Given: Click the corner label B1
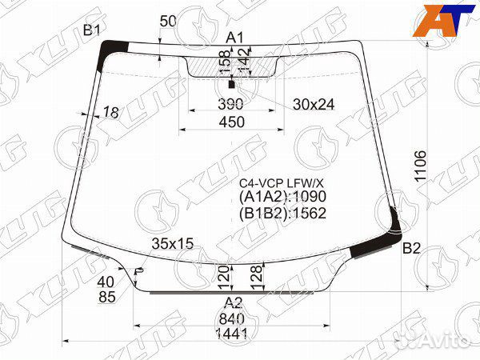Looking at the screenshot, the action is (92, 30).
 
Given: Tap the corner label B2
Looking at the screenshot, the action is (411, 248).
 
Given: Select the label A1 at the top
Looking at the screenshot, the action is (234, 38).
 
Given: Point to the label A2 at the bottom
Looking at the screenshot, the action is (234, 303).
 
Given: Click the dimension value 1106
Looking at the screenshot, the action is (420, 166).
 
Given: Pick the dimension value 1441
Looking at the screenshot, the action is (232, 334).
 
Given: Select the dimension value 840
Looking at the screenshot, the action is (232, 319).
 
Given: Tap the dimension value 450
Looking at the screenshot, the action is (232, 122).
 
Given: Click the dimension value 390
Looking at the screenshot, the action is (230, 104).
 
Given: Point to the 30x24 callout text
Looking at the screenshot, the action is (314, 105).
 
